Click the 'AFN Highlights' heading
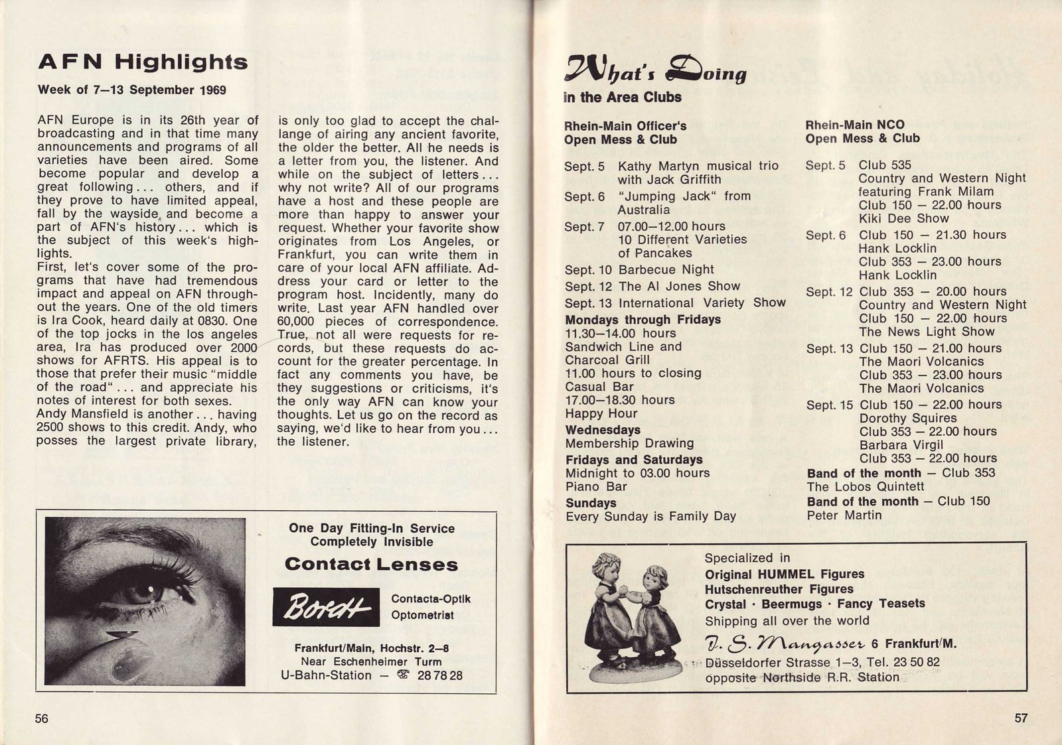(143, 62)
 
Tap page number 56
(42, 718)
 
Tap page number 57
(1021, 718)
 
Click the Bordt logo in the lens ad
(325, 607)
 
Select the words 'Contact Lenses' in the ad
(371, 565)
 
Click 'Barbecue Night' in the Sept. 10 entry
(666, 270)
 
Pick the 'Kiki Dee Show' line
(903, 218)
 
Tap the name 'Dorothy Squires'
(907, 418)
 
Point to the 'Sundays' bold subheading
(591, 503)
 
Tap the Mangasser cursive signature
(785, 643)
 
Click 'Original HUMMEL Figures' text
(784, 575)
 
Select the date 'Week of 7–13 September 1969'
(131, 90)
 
